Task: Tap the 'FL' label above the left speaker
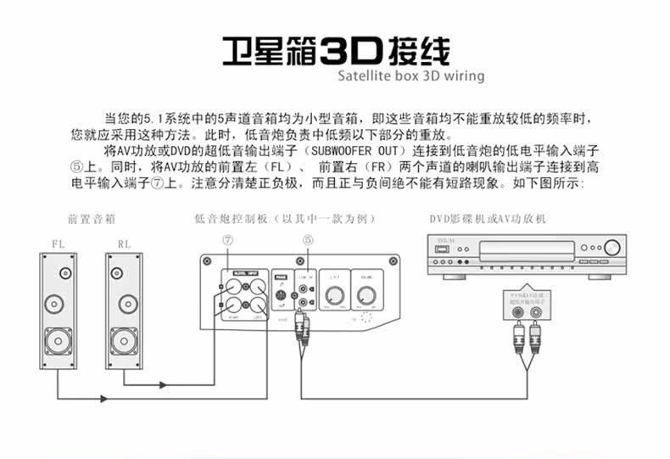coord(59,243)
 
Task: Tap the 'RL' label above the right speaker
coord(125,243)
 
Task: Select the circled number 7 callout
coord(227,242)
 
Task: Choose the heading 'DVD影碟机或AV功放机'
coord(487,219)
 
